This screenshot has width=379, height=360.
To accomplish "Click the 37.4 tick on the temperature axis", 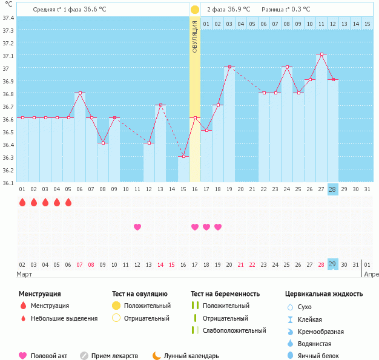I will tap(8, 18).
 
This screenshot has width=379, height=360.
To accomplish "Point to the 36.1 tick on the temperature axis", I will tap(8, 182).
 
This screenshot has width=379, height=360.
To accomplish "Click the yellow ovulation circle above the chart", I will tap(194, 10).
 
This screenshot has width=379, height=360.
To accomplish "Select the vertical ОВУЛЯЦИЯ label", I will tap(194, 36).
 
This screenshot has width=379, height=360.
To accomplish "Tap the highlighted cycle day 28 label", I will tap(332, 189).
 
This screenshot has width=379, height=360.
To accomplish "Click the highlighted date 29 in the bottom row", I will tap(332, 264).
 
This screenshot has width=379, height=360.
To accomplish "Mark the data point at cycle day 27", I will tap(321, 54).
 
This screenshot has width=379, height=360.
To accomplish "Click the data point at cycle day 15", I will tap(183, 156).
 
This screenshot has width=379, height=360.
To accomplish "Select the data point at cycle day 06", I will tap(80, 93).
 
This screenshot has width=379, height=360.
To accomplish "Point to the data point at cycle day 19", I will tap(229, 67).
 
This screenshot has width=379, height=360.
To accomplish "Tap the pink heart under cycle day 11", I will tap(137, 227).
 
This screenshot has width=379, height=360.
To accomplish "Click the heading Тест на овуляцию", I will tap(140, 294).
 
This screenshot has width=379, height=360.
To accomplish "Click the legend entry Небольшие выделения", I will tap(64, 318).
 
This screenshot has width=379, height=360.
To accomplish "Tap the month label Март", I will tap(24, 274).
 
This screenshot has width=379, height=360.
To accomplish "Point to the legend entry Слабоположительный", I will tap(234, 330).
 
